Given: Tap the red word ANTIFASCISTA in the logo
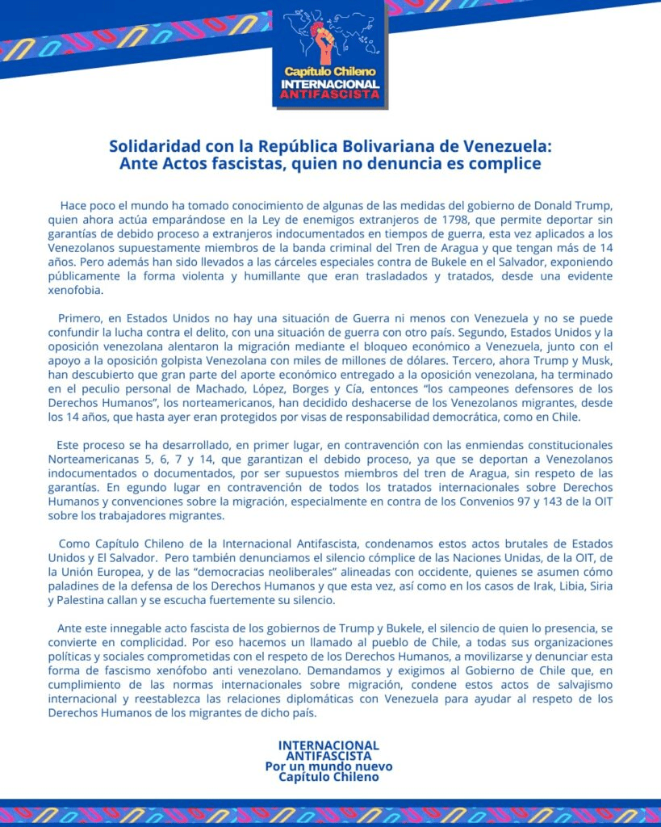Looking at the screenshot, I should (330, 94).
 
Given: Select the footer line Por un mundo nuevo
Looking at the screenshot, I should (328, 766).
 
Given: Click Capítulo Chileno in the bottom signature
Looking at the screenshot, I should (328, 777).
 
